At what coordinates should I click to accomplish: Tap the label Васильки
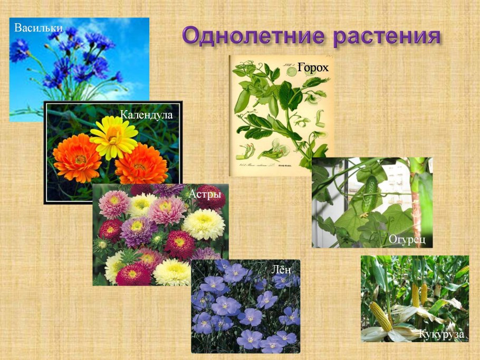click(x=39, y=27)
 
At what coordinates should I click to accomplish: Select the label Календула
click(x=146, y=114)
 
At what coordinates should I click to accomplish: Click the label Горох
click(x=313, y=67)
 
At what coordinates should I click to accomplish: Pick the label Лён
click(x=281, y=269)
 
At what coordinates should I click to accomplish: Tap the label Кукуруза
click(x=441, y=334)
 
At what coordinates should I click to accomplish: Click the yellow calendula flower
click(x=113, y=137)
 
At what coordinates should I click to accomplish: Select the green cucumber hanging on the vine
click(x=371, y=194)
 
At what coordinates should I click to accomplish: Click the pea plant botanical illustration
click(x=280, y=116)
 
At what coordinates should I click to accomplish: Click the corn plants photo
click(x=415, y=298)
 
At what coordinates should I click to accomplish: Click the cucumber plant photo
click(x=372, y=203)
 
